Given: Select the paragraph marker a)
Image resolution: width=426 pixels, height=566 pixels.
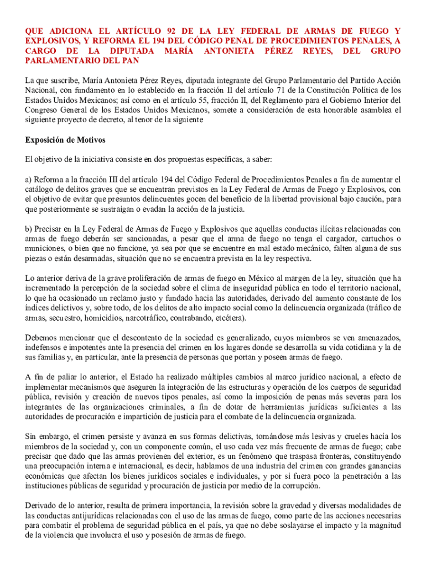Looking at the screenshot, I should [x=28, y=180].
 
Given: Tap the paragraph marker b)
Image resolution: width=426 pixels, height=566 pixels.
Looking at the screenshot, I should [x=29, y=228].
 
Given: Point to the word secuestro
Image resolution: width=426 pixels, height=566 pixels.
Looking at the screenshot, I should [x=60, y=318].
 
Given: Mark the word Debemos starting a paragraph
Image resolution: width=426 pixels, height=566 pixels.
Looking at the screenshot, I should [x=41, y=337].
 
